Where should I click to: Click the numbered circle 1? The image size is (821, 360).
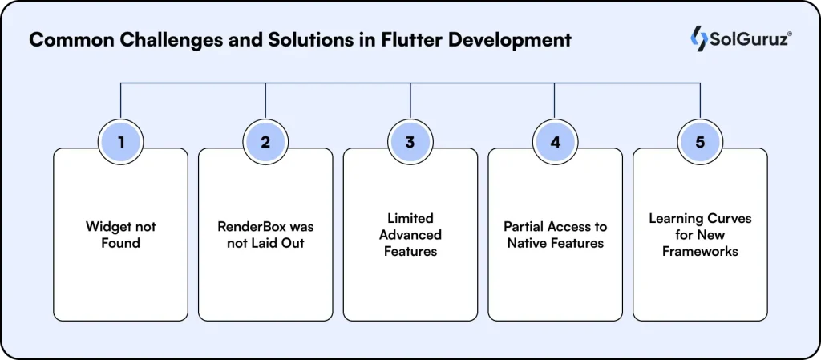[120, 143]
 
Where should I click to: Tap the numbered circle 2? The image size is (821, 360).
[265, 143]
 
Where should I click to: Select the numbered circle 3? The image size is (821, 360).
[410, 143]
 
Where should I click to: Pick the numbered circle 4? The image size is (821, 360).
[555, 143]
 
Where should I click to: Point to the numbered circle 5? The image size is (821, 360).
[700, 143]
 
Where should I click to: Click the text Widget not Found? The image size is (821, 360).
[120, 234]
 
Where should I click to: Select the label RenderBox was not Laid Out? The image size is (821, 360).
[265, 234]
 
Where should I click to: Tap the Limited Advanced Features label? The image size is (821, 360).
[410, 234]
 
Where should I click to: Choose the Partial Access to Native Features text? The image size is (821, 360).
[555, 234]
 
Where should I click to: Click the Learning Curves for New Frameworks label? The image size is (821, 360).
[700, 234]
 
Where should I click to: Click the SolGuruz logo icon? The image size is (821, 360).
[698, 38]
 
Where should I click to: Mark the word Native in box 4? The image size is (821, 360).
[527, 242]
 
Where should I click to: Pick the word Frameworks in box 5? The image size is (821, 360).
[700, 250]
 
